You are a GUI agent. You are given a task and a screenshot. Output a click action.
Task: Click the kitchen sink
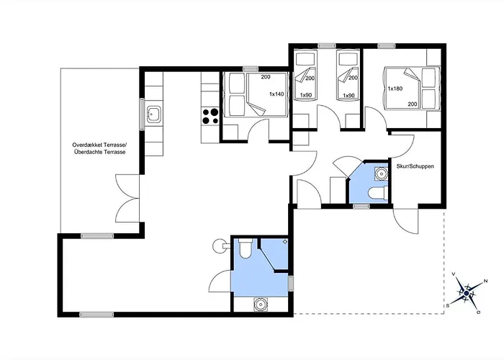(x=153, y=114)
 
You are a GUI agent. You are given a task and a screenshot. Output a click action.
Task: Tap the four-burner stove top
(x=210, y=117)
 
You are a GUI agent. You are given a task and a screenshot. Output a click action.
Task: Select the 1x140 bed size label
(x=276, y=94)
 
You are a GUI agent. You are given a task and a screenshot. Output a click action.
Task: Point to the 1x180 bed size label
(x=395, y=89)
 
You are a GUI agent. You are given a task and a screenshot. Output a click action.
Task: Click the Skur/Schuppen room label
(x=415, y=166)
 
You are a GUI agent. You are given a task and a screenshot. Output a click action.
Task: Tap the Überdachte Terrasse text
(x=99, y=152)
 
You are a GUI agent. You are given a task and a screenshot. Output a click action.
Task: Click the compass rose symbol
(x=466, y=292)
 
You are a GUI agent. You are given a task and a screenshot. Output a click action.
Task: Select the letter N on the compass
(x=486, y=281)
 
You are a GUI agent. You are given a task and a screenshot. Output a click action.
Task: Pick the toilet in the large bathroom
(x=246, y=248)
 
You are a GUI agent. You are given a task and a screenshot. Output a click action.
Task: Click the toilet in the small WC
(x=378, y=194)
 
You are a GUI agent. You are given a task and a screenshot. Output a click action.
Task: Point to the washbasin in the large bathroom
(x=261, y=304)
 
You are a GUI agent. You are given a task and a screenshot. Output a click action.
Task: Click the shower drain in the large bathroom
(x=285, y=241)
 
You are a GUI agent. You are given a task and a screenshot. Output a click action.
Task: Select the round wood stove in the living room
(x=220, y=246)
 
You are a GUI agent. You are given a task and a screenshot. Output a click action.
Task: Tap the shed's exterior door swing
(x=405, y=221)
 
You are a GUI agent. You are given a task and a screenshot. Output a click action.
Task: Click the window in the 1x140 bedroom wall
(x=251, y=68)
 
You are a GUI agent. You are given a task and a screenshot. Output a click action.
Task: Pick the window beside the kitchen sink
(x=142, y=114)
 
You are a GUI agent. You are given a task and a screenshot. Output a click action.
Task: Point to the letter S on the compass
(x=447, y=306)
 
